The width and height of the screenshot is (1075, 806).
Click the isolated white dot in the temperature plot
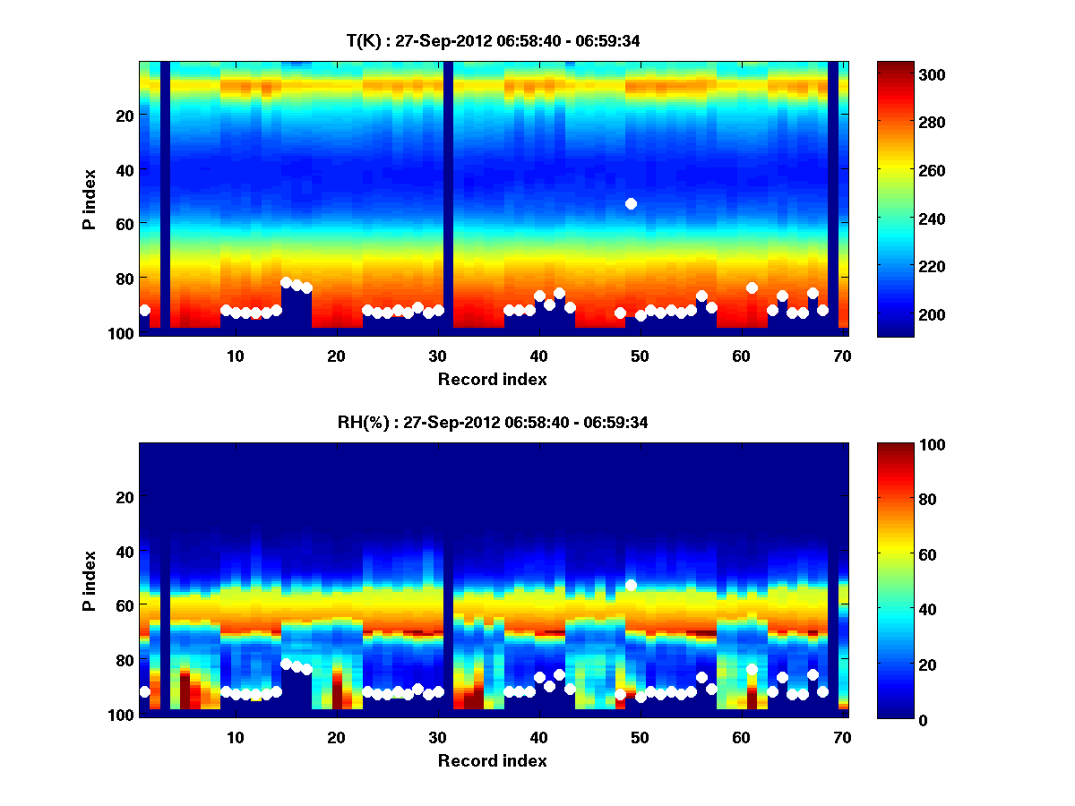(x=631, y=204)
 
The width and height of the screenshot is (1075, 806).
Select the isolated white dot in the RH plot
(x=631, y=585)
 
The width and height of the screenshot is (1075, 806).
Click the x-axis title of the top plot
(x=492, y=380)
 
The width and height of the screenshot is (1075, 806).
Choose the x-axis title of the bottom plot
(x=492, y=761)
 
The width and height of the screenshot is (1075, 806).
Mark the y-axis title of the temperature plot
(x=90, y=199)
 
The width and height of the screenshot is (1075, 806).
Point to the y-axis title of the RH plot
(x=90, y=580)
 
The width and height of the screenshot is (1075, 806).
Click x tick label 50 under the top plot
(x=640, y=356)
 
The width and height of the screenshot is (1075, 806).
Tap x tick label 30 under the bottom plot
(x=437, y=738)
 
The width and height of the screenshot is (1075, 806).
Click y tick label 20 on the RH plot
(x=125, y=497)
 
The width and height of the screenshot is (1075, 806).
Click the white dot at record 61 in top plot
(x=752, y=287)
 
